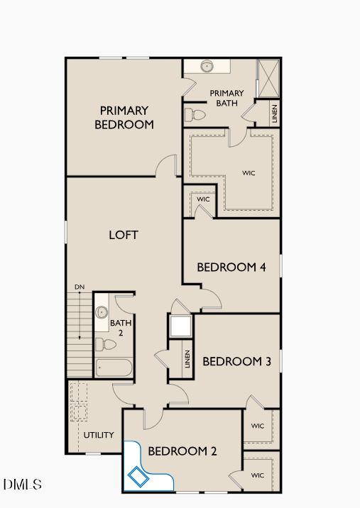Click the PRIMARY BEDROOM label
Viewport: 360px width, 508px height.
click(x=124, y=117)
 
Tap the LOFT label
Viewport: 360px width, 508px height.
click(x=123, y=235)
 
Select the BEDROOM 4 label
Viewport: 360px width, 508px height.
click(x=231, y=267)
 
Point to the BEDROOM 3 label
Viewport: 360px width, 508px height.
click(x=236, y=361)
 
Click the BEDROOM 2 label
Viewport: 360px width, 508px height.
click(x=182, y=451)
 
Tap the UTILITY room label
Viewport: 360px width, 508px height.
click(x=99, y=435)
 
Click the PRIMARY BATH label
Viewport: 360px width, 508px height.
click(x=227, y=98)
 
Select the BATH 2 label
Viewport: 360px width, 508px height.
click(x=116, y=327)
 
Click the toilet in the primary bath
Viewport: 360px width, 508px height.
click(x=195, y=114)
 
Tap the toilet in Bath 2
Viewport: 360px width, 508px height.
click(x=105, y=345)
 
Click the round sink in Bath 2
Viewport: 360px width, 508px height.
click(x=102, y=311)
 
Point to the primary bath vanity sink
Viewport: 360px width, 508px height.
click(x=207, y=67)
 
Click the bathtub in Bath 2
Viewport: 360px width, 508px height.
click(x=114, y=368)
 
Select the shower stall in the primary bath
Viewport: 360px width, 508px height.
click(x=268, y=78)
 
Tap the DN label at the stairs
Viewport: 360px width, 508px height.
click(x=80, y=287)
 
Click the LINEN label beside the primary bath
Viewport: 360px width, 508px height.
click(x=275, y=114)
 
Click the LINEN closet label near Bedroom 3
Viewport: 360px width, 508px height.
click(x=187, y=360)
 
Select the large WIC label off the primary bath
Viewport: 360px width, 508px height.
click(x=249, y=172)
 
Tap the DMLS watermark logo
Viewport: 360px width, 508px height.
click(x=22, y=485)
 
